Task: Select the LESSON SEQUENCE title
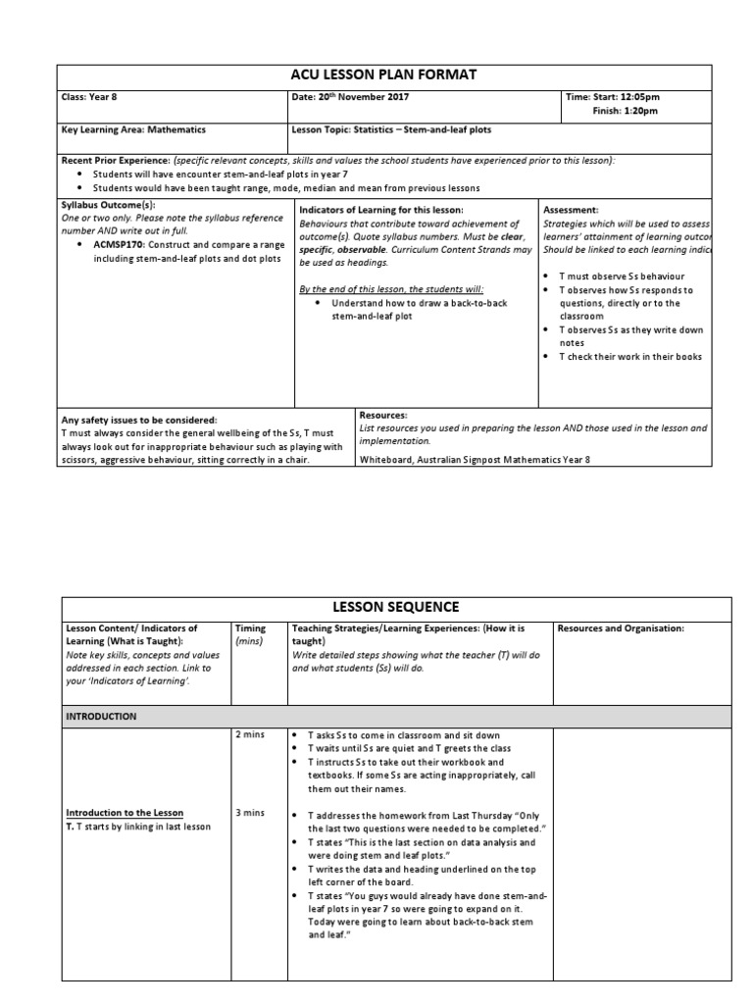(396, 607)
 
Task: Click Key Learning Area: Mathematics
(133, 129)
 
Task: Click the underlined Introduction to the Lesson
(125, 813)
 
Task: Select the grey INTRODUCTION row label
(101, 717)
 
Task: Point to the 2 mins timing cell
(247, 735)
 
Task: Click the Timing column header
(251, 628)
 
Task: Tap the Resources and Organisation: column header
(620, 628)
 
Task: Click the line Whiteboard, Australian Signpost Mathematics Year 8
(476, 459)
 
